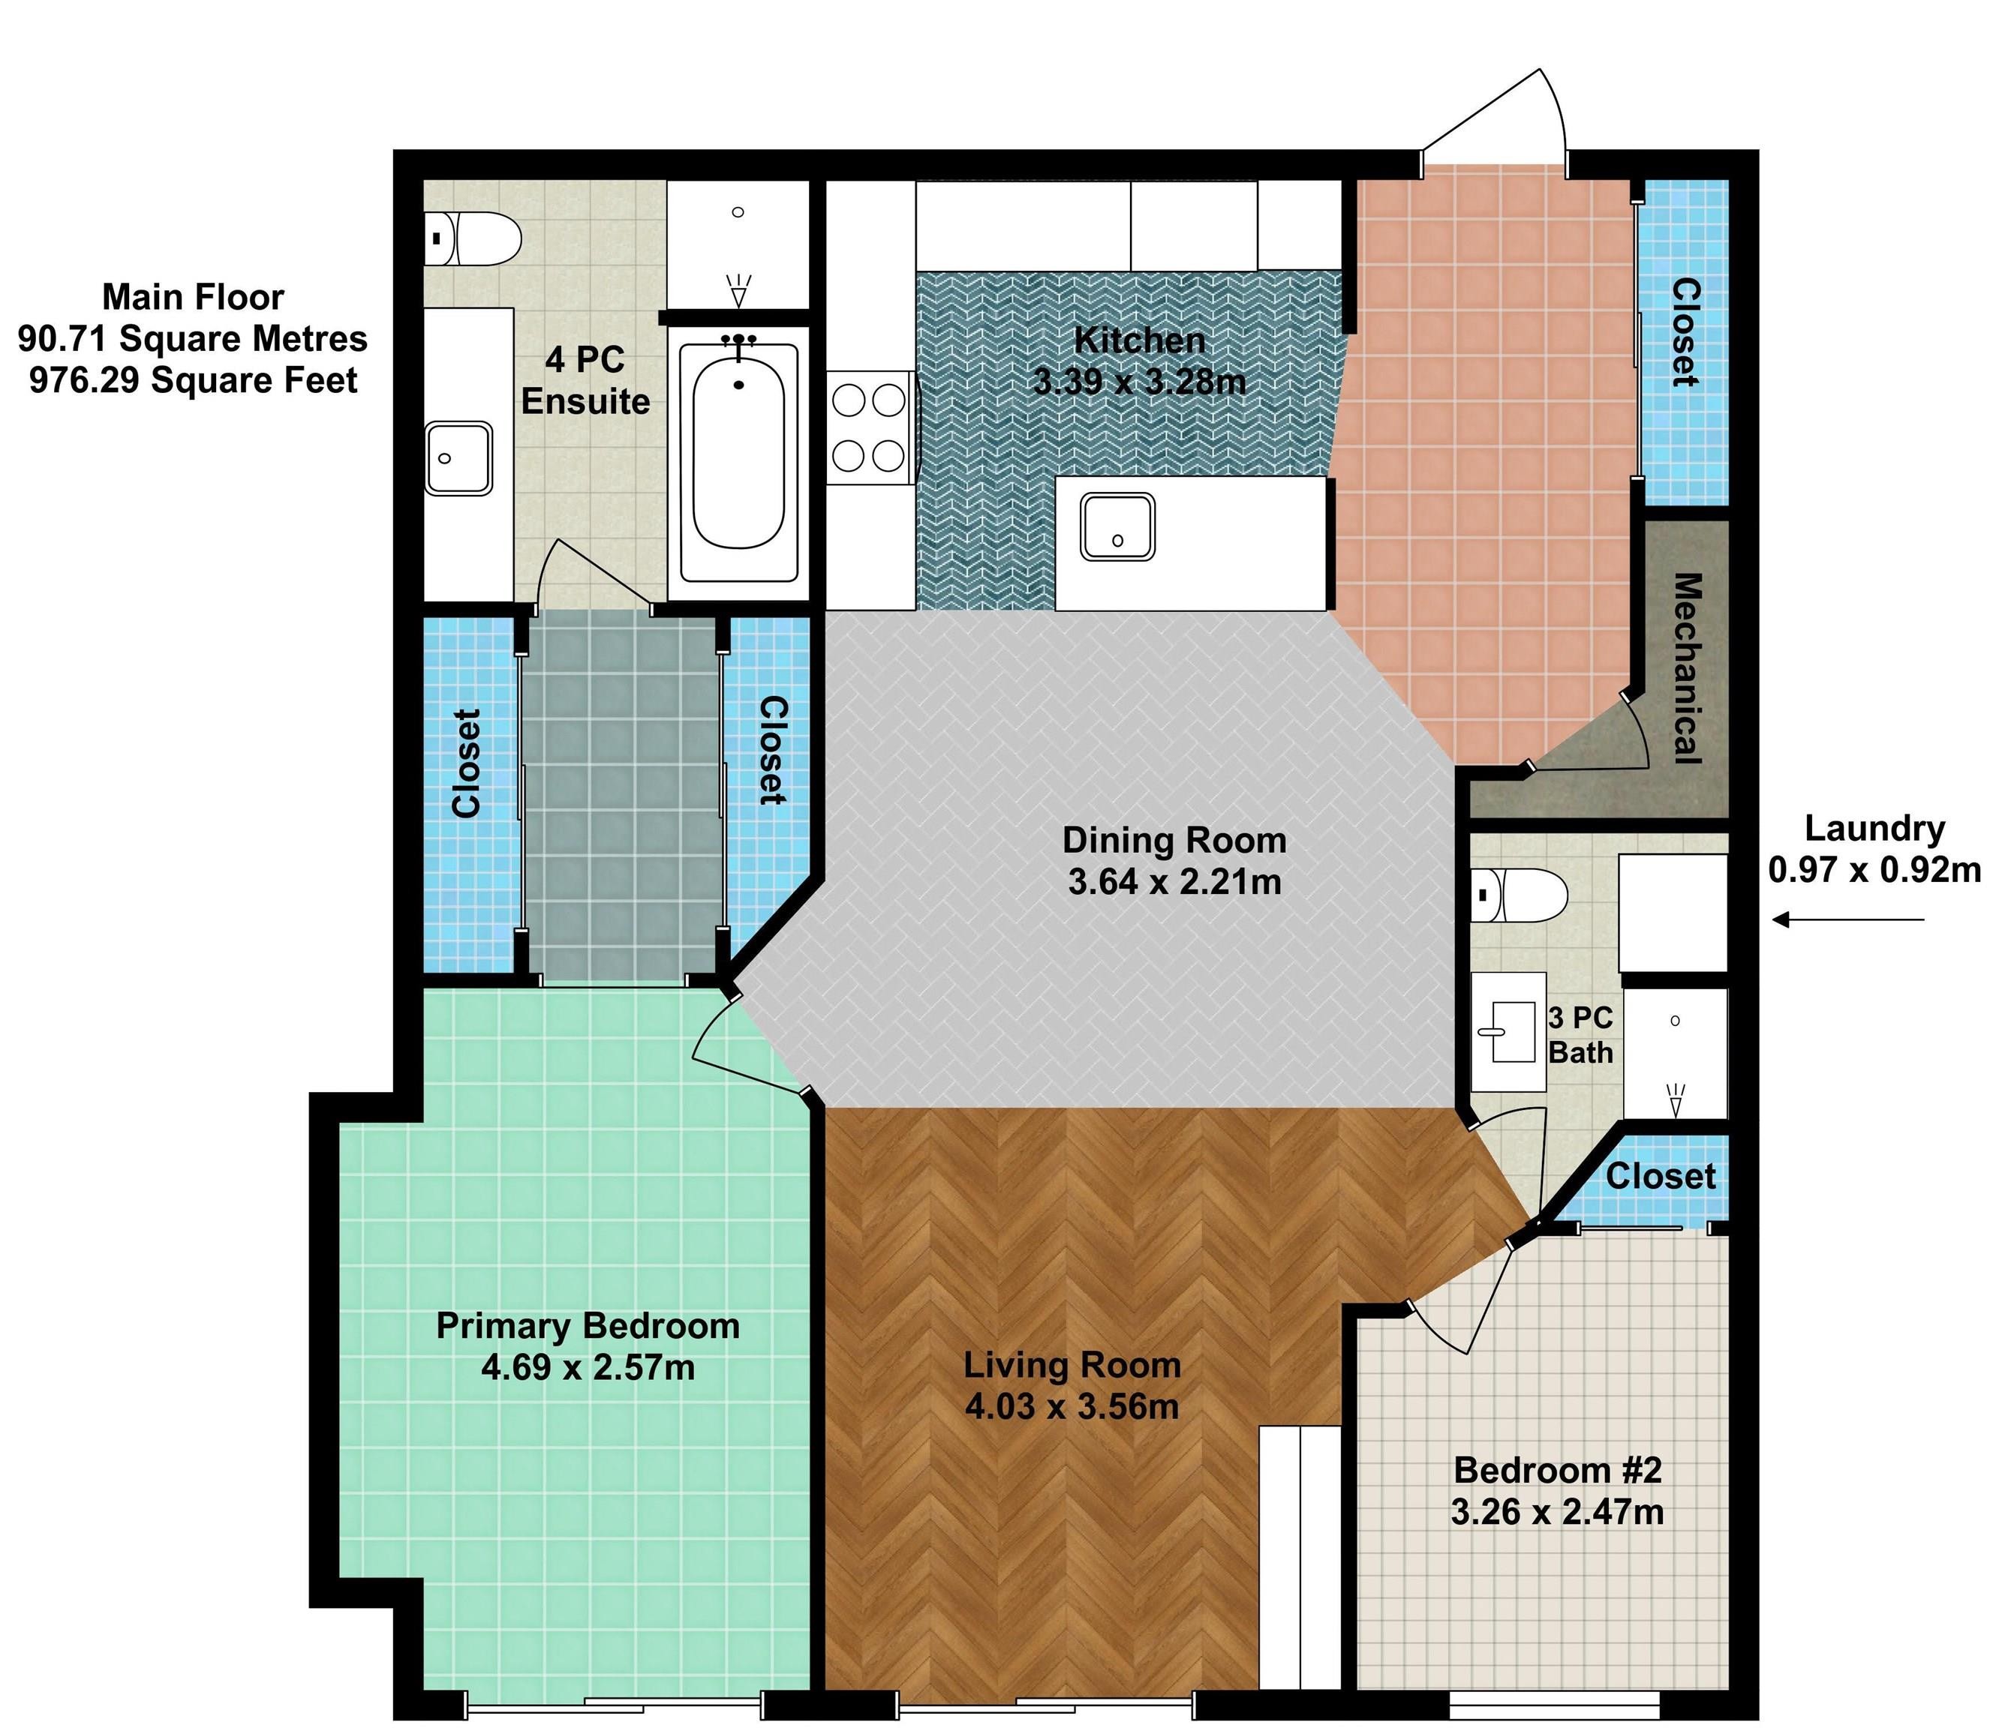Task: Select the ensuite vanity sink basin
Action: [x=459, y=458]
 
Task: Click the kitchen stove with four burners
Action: [x=869, y=428]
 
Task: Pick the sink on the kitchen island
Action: [x=1117, y=526]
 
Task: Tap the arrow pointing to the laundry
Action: [x=1848, y=920]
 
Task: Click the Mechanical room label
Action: [x=1685, y=668]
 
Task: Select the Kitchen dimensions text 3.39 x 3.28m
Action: [x=1139, y=382]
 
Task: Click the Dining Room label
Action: [x=1174, y=840]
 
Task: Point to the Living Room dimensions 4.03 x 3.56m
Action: [x=1072, y=1407]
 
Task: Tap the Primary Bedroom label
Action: [x=588, y=1326]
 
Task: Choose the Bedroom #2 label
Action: [x=1558, y=1471]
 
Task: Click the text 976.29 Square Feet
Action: [x=193, y=380]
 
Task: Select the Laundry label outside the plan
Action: [x=1874, y=828]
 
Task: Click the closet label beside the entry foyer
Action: [x=1685, y=333]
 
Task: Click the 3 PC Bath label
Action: [x=1580, y=1035]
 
